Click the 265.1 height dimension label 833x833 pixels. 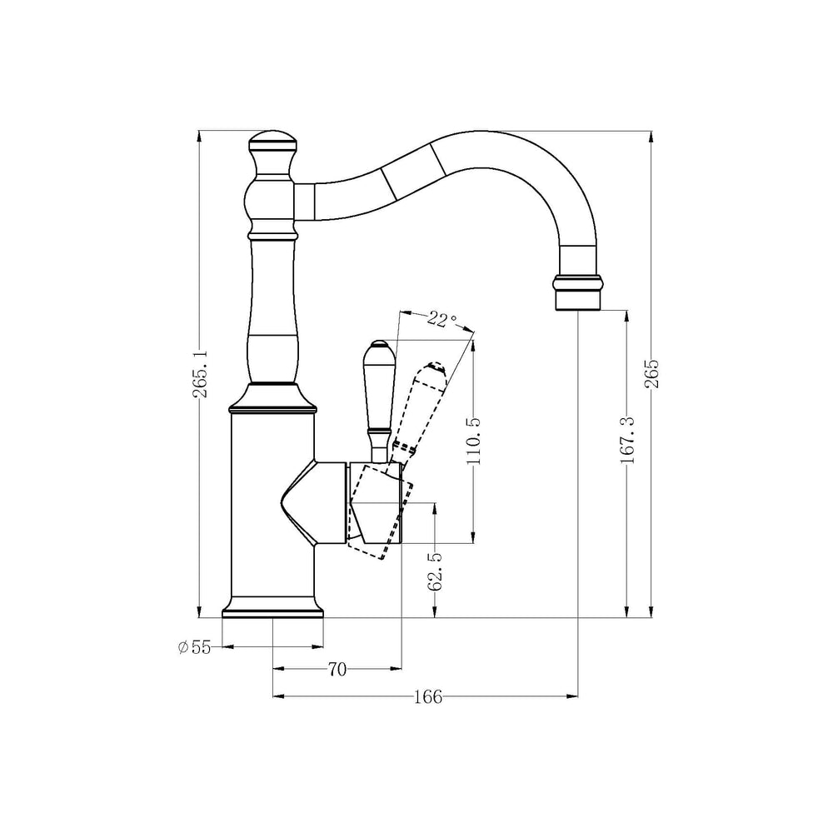click(x=201, y=373)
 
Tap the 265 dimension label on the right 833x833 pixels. click(x=652, y=373)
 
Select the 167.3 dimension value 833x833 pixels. click(x=627, y=440)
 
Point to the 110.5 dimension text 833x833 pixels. click(x=474, y=441)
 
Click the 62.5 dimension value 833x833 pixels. click(x=435, y=571)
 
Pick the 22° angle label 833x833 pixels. click(x=442, y=319)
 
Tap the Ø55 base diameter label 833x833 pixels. click(x=195, y=647)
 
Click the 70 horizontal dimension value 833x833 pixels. click(x=337, y=670)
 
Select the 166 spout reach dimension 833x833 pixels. click(x=427, y=696)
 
